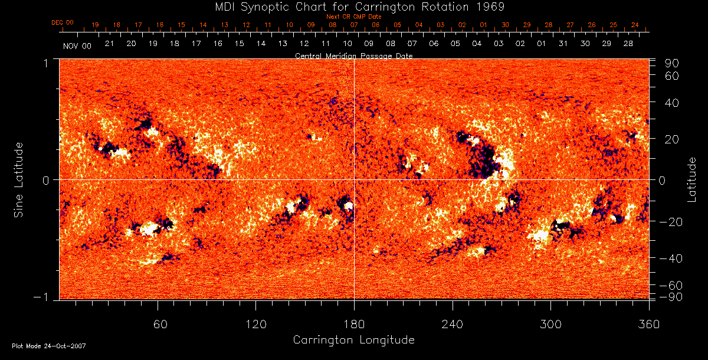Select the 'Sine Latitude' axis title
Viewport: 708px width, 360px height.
18,179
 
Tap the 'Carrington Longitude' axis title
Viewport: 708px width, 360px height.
353,340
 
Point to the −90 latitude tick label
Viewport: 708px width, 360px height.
671,296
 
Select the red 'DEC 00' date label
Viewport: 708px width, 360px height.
63,23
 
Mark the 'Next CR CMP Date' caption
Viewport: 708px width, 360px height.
354,17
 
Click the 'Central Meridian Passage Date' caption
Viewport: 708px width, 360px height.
353,55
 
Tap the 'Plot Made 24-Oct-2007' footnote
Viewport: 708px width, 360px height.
48,346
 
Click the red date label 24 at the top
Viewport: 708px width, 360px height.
635,25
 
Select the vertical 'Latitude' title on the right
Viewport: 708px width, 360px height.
692,179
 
